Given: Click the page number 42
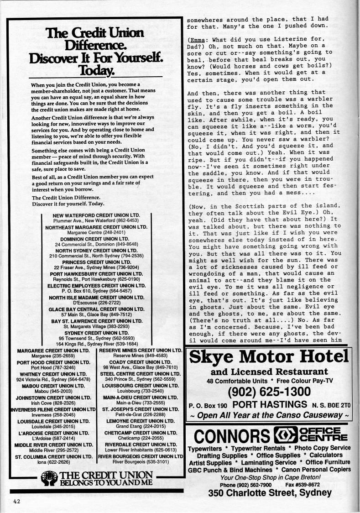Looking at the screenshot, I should click(x=16, y=501).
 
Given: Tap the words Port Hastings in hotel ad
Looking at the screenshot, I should click(x=269, y=404).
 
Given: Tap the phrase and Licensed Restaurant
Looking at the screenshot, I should click(x=269, y=372).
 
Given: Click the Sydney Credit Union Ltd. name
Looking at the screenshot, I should click(x=96, y=333).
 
